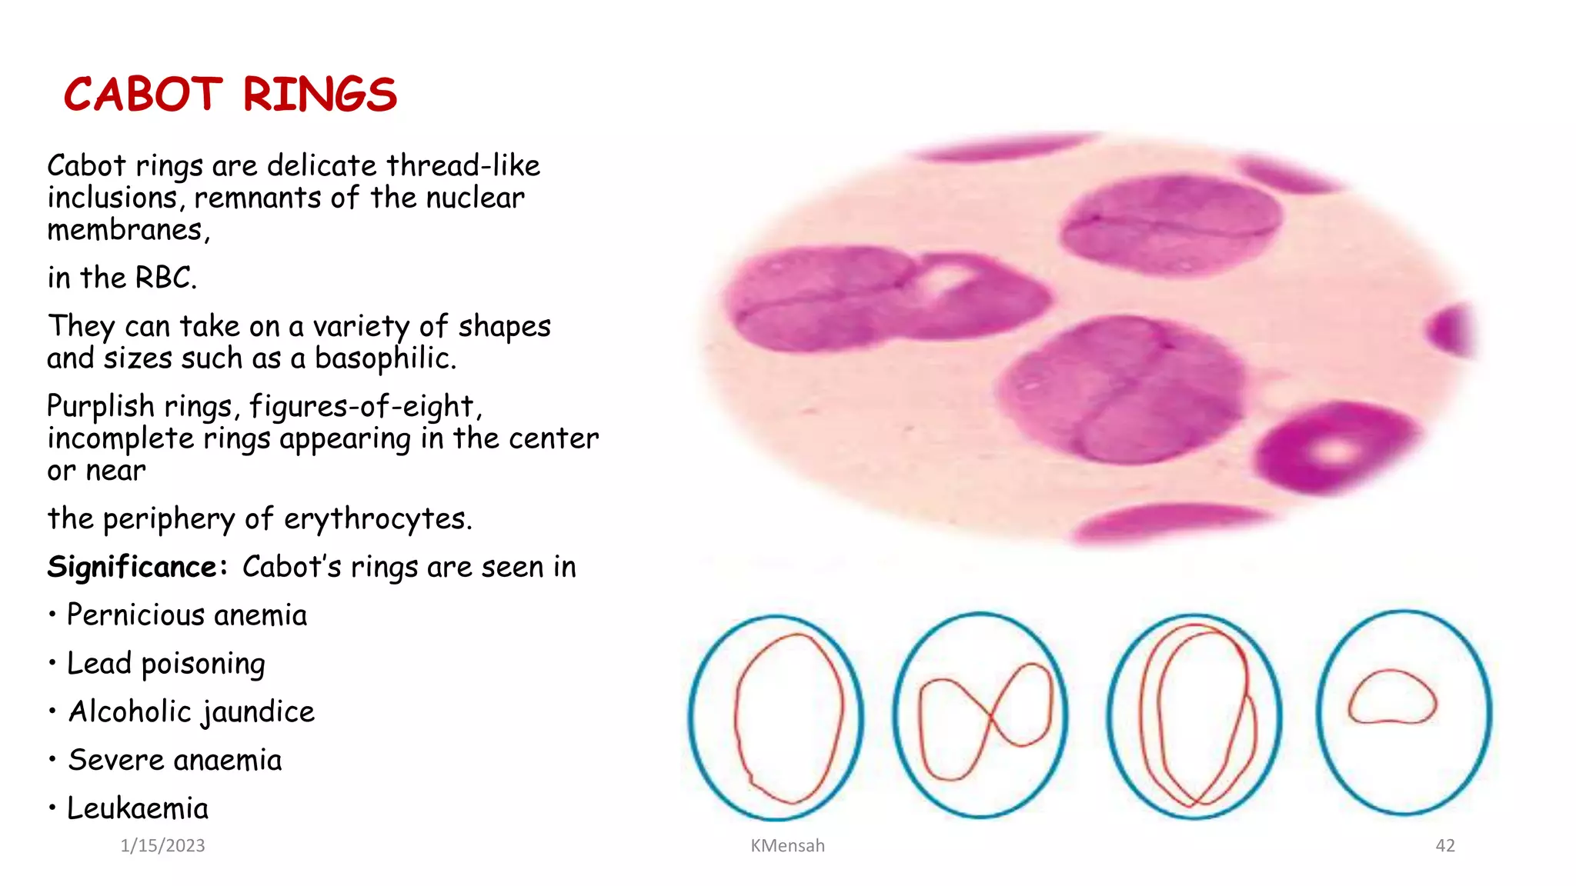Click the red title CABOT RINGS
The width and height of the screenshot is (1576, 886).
[x=230, y=95]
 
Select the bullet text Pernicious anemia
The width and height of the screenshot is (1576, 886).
[x=186, y=615]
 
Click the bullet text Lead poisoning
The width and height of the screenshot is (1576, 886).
[x=165, y=664]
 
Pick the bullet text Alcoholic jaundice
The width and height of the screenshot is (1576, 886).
[x=191, y=712]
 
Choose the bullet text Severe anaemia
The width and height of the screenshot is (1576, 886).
[x=175, y=761]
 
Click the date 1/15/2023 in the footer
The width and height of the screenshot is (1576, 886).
[x=162, y=846]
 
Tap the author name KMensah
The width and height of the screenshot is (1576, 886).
[x=787, y=846]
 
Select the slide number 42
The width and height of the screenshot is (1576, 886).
[x=1445, y=846]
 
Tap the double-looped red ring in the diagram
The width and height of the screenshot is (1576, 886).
[x=1197, y=715]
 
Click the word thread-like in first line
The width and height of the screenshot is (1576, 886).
[x=462, y=166]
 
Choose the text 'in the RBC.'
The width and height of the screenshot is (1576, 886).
[x=122, y=278]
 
